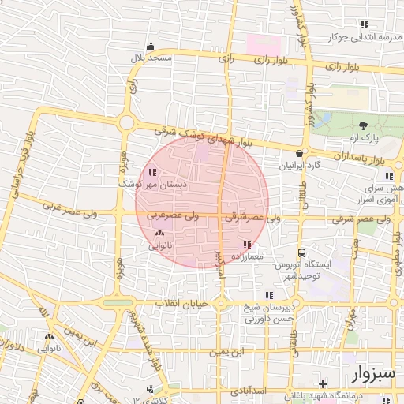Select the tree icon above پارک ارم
tap(363, 125)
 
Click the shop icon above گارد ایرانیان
tap(299, 154)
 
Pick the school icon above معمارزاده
tap(248, 245)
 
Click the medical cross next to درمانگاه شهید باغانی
tap(323, 383)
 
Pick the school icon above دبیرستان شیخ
tap(270, 295)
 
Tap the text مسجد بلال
tap(151, 59)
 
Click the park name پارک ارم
tap(365, 138)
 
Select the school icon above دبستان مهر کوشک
tap(151, 172)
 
